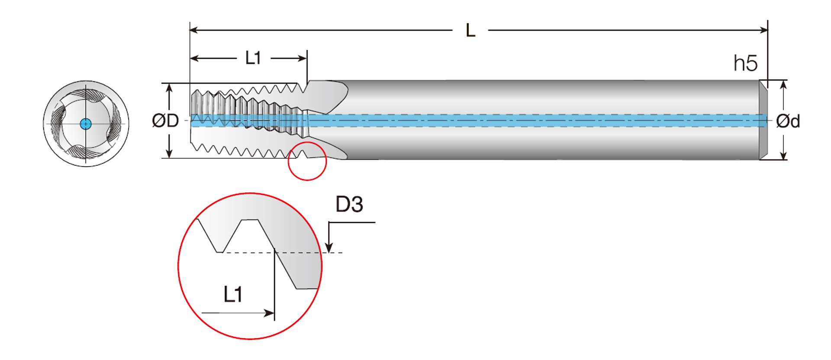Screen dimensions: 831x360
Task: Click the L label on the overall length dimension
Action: pyautogui.click(x=470, y=31)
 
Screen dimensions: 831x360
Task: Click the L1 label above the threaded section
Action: pyautogui.click(x=253, y=58)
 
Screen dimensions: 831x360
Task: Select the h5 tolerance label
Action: pyautogui.click(x=745, y=63)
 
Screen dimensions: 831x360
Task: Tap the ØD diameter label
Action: pyautogui.click(x=165, y=121)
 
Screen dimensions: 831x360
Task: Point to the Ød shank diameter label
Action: pyautogui.click(x=788, y=122)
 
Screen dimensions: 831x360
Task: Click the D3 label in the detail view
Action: pyautogui.click(x=349, y=204)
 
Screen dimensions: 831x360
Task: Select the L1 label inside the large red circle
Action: pyautogui.click(x=233, y=295)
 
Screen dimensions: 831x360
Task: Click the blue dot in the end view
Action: pyautogui.click(x=86, y=124)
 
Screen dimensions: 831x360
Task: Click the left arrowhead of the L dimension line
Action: pyautogui.click(x=194, y=30)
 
